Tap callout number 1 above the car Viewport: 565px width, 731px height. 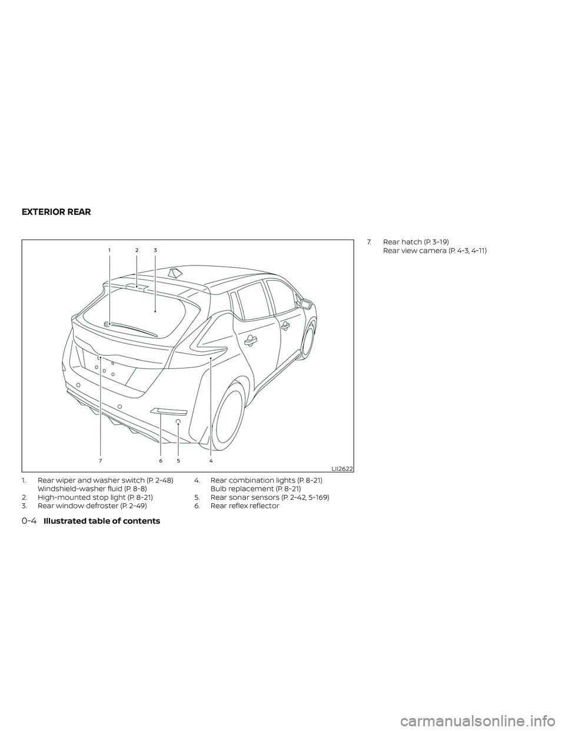click(109, 250)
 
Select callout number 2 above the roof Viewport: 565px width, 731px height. click(137, 250)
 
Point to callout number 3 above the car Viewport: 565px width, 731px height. click(155, 250)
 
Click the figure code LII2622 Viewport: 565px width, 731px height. click(342, 468)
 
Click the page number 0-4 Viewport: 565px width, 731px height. click(28, 521)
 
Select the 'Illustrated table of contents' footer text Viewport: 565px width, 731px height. click(101, 521)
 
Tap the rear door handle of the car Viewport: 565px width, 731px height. click(252, 338)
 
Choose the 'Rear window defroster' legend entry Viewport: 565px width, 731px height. click(92, 506)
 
